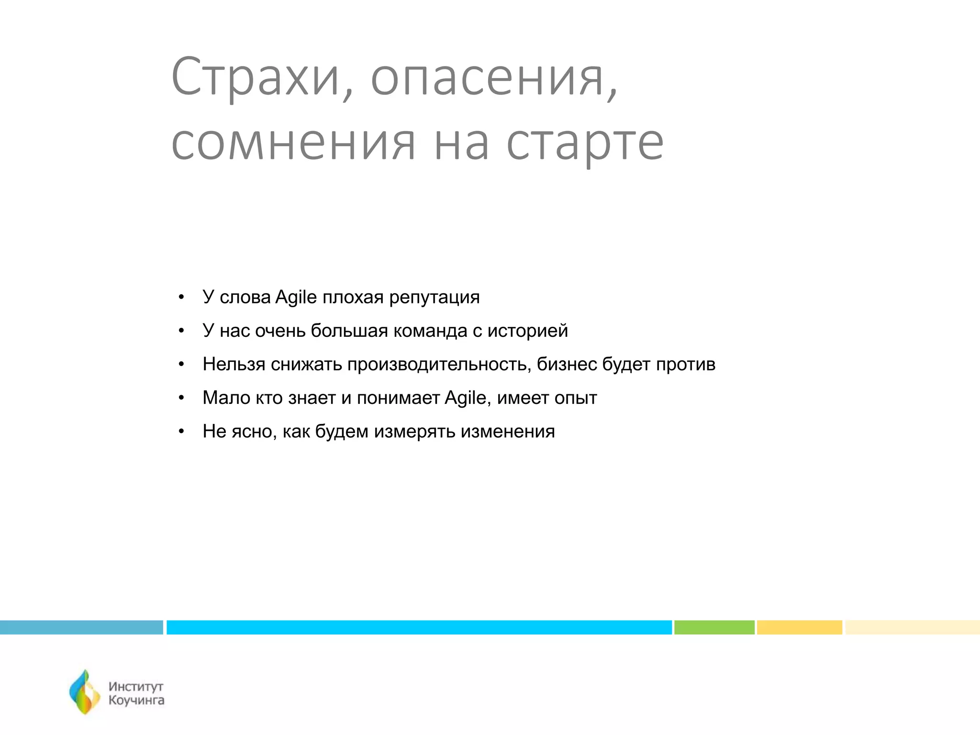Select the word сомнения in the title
[x=293, y=143]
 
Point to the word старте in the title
[x=585, y=143]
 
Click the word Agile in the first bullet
[x=296, y=298]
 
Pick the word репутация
[x=434, y=298]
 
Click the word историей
[x=527, y=331]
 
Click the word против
[x=685, y=365]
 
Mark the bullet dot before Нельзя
[x=181, y=365]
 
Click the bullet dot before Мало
[x=181, y=399]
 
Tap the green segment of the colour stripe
[x=714, y=627]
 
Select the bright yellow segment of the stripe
[x=799, y=627]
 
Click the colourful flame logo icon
[x=85, y=692]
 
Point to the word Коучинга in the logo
[x=136, y=701]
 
